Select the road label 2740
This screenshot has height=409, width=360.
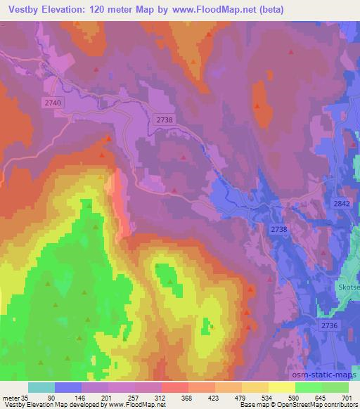[52, 103]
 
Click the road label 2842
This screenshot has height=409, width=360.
[342, 202]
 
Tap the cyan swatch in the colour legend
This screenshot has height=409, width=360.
[41, 387]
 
